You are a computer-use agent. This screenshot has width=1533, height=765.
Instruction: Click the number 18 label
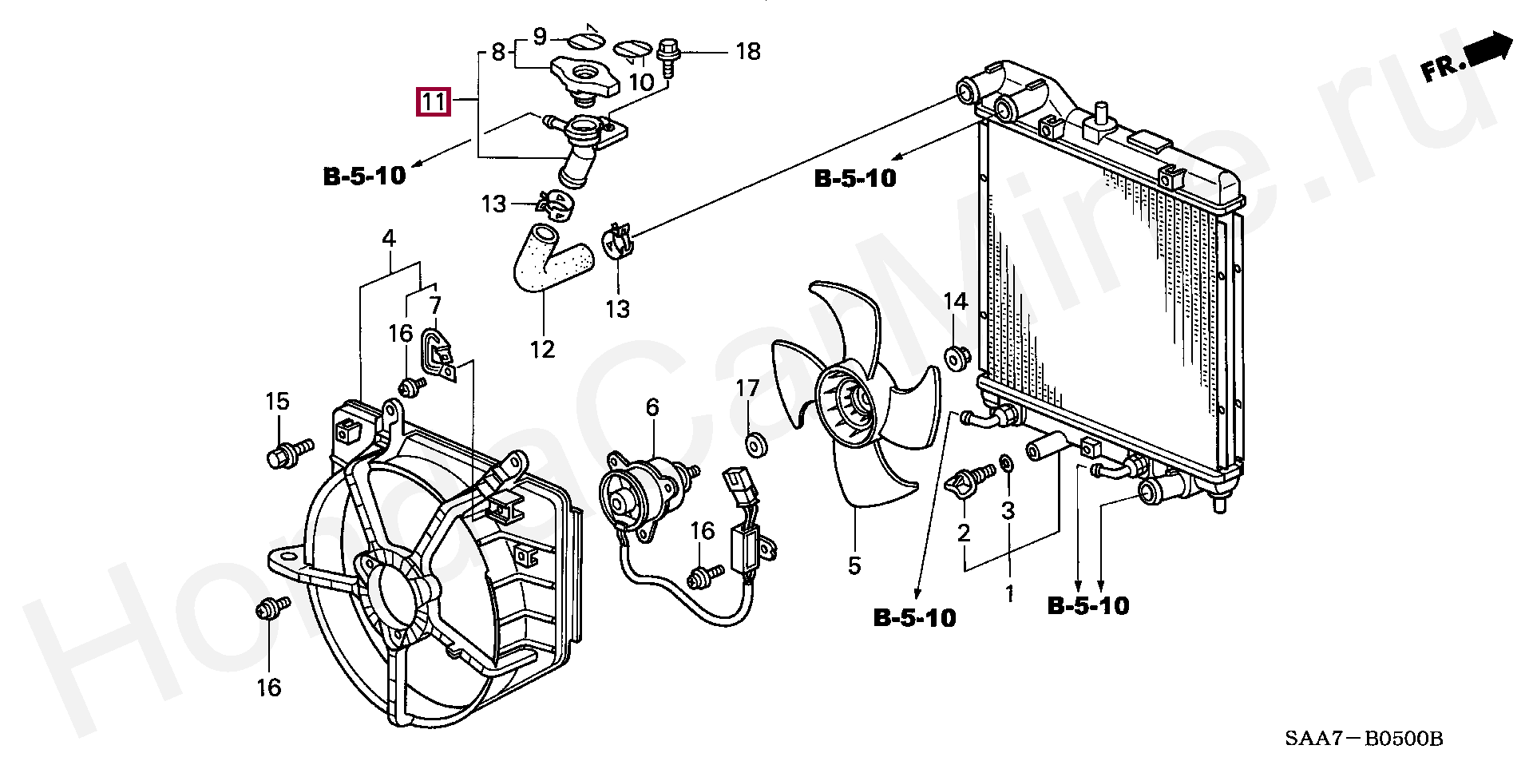[747, 52]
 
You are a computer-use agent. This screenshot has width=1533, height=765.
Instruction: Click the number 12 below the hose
[542, 349]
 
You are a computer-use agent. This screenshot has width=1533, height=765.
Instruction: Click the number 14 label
[955, 302]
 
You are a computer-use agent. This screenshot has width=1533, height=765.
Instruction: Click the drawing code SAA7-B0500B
[1363, 738]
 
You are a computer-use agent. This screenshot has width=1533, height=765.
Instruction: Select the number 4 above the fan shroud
[388, 238]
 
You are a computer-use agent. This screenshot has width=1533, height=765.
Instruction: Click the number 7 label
[434, 305]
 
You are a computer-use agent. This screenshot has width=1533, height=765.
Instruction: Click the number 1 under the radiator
[1008, 594]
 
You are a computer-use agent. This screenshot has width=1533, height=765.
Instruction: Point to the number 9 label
[540, 36]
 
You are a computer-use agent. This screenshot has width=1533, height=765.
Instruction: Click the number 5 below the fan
[854, 566]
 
